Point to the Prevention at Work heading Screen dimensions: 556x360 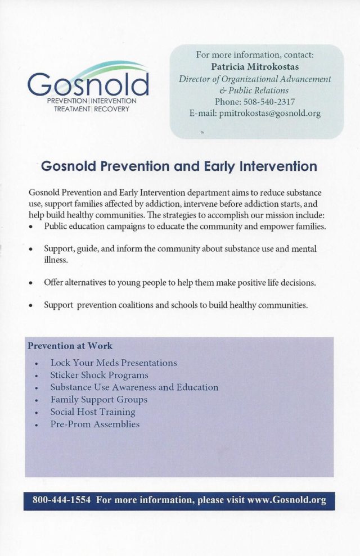pos(70,346)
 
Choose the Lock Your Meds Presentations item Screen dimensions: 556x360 pos(113,363)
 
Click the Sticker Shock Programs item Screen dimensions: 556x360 pos(99,375)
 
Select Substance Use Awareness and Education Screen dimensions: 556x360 pos(134,387)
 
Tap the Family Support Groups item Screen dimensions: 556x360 pos(98,400)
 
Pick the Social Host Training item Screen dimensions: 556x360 pos(92,412)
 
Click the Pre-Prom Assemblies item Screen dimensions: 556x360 pos(94,424)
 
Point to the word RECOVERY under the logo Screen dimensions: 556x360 pos(112,109)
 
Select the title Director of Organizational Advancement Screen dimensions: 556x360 pos(255,79)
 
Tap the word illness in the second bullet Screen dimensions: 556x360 pos(56,261)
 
